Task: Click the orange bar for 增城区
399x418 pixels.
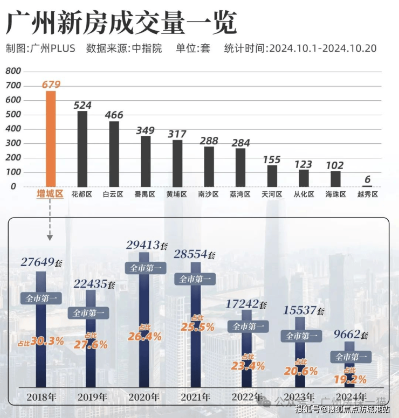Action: (50, 138)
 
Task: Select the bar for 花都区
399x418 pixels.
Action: (82, 148)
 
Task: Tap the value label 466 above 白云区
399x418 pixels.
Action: (114, 115)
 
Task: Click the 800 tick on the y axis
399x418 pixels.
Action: (13, 71)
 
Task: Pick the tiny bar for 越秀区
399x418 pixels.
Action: (367, 186)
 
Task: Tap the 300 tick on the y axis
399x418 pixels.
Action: (13, 143)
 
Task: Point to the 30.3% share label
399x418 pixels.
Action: (41, 340)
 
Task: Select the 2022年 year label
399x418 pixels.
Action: (247, 398)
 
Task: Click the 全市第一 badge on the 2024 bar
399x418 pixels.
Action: (351, 357)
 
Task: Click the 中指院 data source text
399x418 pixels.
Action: (147, 48)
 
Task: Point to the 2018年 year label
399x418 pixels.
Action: (41, 398)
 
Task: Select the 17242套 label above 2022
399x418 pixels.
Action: (246, 304)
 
